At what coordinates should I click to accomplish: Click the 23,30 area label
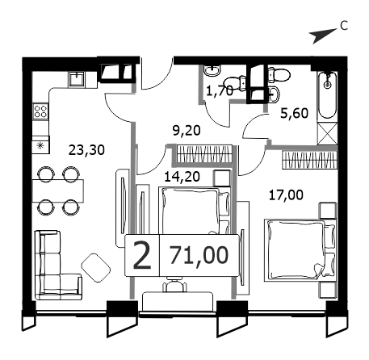click(86, 150)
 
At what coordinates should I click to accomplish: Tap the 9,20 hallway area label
click(187, 131)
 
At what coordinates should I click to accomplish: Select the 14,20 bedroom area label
click(182, 177)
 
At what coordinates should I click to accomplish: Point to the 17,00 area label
click(286, 195)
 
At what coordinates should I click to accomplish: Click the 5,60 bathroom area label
click(294, 113)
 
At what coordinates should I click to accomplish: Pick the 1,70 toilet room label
click(220, 91)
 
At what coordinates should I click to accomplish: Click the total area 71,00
click(199, 255)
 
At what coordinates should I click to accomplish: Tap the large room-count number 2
click(142, 255)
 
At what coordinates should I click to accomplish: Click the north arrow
click(323, 36)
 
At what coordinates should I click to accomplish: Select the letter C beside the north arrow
click(344, 26)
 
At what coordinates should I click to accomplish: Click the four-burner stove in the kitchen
click(40, 111)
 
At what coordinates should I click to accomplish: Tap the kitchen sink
click(77, 79)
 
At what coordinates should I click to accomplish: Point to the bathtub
click(327, 96)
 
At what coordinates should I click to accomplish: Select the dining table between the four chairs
click(58, 190)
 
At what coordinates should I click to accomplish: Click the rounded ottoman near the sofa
click(96, 268)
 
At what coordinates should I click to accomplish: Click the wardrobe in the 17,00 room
click(309, 160)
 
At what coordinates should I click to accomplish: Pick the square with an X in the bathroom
click(327, 133)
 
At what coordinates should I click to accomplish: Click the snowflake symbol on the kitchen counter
click(40, 146)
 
